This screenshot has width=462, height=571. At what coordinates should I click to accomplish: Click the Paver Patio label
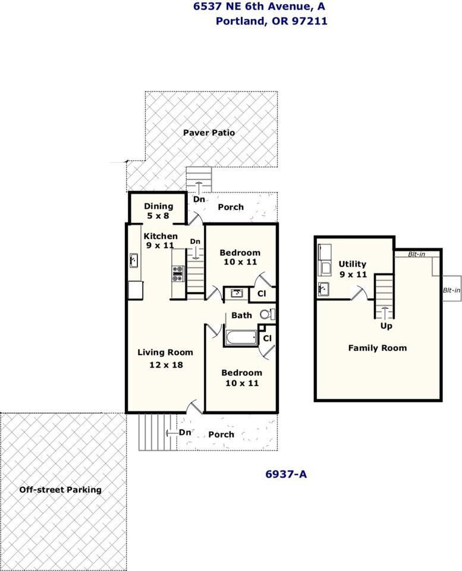click(209, 133)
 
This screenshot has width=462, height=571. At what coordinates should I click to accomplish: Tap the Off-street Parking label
click(61, 490)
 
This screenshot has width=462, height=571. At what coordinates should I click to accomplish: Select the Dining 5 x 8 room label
click(158, 211)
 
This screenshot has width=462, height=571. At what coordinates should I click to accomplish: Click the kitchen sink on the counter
click(134, 261)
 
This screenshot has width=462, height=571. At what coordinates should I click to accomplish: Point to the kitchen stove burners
click(178, 274)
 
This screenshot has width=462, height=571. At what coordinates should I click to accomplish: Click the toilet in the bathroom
click(268, 314)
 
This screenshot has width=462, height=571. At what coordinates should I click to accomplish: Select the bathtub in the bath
click(241, 338)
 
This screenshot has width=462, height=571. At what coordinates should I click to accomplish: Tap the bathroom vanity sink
click(235, 293)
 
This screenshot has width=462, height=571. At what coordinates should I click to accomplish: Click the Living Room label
click(165, 353)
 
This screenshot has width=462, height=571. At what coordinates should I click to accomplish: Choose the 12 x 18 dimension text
click(166, 365)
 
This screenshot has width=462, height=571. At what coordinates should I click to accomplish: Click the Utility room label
click(353, 264)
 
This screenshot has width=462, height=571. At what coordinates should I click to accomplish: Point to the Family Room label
click(378, 348)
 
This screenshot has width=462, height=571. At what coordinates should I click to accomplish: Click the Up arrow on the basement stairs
click(385, 313)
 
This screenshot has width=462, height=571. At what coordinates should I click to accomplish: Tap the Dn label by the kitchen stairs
click(195, 241)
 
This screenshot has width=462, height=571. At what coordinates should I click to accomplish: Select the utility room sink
click(323, 289)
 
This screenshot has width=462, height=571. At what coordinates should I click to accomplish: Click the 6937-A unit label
click(286, 474)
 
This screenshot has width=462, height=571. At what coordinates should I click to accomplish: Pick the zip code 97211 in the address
click(310, 21)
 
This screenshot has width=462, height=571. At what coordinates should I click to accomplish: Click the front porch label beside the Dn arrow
click(221, 434)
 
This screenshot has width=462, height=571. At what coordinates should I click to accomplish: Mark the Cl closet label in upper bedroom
click(262, 293)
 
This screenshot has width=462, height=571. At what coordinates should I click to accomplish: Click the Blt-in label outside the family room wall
click(451, 290)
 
